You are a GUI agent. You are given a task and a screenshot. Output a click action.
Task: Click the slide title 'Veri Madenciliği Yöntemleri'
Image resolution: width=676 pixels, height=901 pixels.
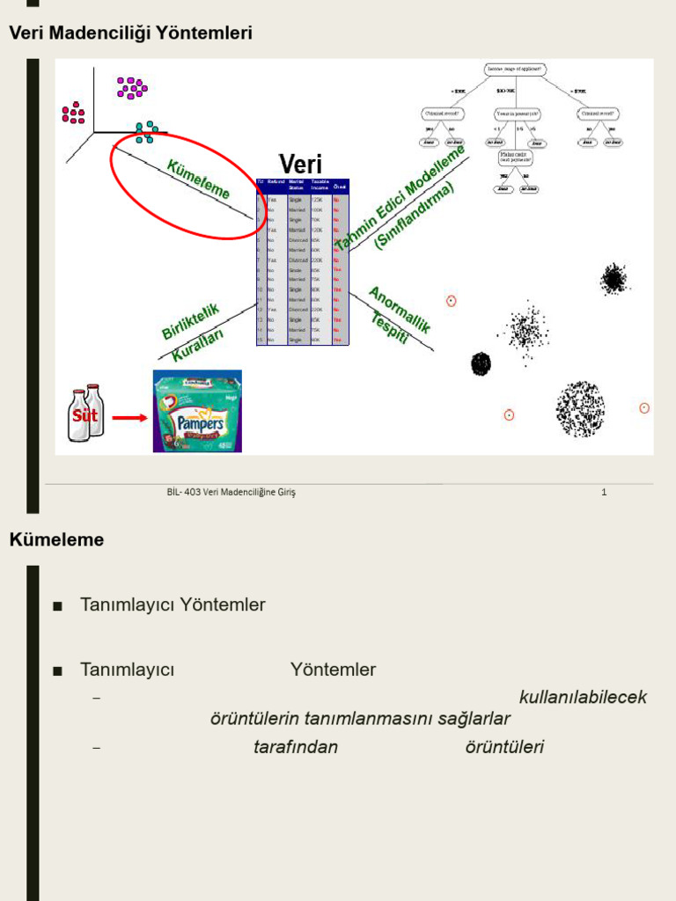tap(130, 33)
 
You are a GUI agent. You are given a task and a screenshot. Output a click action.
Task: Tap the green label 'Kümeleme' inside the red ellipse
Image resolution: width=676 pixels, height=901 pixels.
tap(199, 179)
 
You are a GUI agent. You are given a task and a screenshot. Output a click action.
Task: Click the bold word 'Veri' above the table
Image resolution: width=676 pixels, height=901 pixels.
tap(300, 164)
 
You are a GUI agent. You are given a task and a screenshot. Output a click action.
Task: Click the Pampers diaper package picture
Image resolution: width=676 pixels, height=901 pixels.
tap(197, 411)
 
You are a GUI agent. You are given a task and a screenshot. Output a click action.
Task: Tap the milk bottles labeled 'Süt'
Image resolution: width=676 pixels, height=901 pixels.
tap(85, 413)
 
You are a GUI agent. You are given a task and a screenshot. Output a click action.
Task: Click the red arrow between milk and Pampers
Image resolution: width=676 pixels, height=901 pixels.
tap(130, 418)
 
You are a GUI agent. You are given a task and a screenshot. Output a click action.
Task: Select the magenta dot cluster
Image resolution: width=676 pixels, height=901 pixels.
tap(132, 87)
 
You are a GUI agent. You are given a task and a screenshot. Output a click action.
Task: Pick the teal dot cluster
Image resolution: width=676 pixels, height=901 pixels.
tap(147, 132)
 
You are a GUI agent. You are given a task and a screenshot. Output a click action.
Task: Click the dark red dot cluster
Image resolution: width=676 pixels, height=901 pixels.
tap(74, 113)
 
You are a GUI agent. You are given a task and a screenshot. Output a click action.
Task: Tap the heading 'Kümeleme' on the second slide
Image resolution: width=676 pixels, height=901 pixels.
tap(56, 540)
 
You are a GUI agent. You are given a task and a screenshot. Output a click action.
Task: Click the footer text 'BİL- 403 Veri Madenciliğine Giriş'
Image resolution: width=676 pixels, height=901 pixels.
tap(231, 493)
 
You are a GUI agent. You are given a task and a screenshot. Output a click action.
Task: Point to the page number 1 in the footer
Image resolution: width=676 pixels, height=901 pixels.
tap(604, 493)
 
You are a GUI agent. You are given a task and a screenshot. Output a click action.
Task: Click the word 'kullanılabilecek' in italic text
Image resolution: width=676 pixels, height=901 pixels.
tap(583, 698)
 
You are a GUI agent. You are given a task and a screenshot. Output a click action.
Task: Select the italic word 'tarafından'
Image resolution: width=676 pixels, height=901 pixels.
tap(295, 748)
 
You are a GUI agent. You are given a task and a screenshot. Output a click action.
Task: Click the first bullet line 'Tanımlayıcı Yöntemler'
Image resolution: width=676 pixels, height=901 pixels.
tap(173, 605)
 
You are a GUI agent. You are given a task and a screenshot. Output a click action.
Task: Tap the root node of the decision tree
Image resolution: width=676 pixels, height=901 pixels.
tap(515, 69)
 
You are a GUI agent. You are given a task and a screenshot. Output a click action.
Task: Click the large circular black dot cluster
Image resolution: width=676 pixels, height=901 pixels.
tap(580, 409)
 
